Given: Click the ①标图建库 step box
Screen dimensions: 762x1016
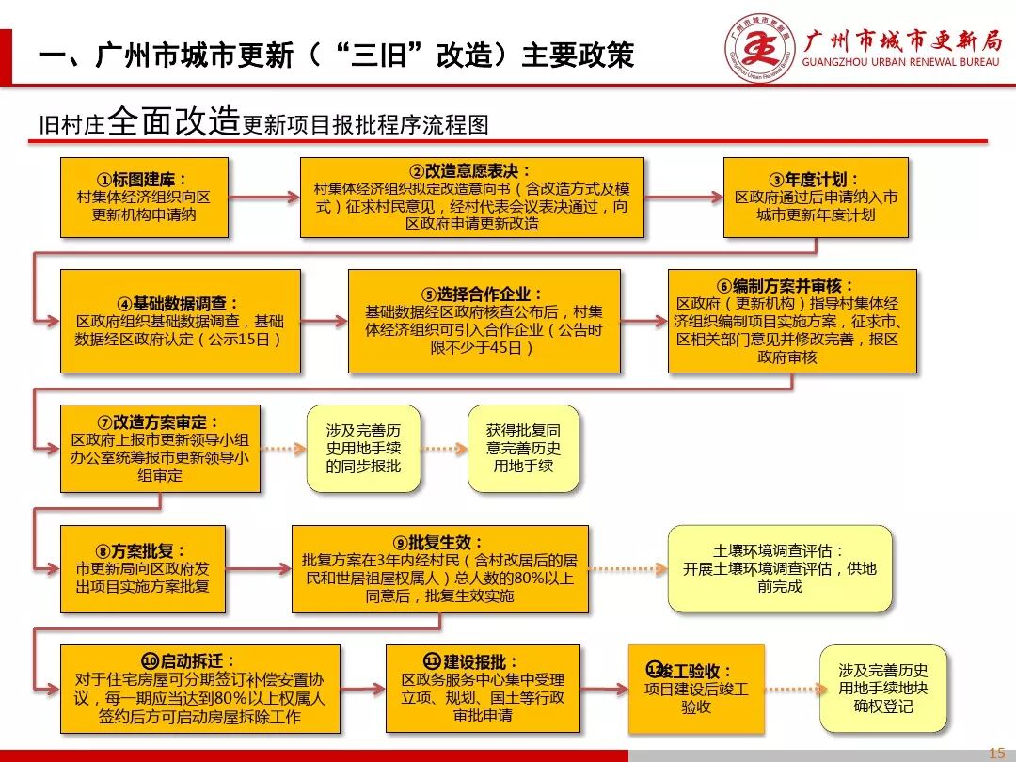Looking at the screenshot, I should click(144, 198).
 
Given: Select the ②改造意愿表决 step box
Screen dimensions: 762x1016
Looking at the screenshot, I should click(471, 198).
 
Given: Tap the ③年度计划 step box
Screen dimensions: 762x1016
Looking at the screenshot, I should click(815, 198).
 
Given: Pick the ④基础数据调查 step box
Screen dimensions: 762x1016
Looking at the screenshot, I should click(180, 321).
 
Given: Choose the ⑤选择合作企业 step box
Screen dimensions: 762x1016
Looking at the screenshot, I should click(484, 321).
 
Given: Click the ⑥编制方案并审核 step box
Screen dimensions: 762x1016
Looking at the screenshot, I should click(791, 321).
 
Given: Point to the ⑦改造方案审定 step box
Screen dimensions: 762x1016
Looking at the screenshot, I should click(160, 449).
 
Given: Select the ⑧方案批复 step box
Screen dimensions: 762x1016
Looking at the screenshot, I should click(142, 568).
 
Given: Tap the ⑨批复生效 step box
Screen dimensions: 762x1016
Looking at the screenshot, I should click(439, 568).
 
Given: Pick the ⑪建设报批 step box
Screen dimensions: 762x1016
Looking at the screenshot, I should click(483, 689).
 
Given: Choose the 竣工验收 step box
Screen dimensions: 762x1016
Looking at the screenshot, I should click(696, 689).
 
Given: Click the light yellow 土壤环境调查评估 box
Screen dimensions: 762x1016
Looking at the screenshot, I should click(780, 568).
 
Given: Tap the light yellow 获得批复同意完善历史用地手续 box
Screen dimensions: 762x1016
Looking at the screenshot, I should click(523, 449).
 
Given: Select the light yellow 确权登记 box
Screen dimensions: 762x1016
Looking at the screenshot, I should click(882, 689).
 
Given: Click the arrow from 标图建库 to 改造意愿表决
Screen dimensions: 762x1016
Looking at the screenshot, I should click(263, 198).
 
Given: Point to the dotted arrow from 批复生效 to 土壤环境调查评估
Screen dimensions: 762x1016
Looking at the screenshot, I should click(627, 568).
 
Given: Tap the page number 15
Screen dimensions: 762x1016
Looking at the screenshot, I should click(995, 752).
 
